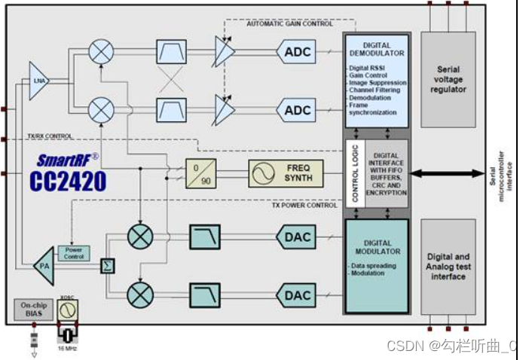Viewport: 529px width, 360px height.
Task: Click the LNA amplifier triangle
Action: coord(38,78)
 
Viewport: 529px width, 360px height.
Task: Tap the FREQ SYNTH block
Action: coord(286,173)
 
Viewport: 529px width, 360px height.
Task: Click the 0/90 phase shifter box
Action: coord(201,173)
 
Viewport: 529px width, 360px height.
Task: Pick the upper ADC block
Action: coord(297,51)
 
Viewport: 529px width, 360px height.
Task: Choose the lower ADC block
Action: coord(297,111)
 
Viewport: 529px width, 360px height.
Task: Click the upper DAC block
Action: coord(297,237)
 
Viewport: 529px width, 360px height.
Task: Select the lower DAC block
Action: coord(297,295)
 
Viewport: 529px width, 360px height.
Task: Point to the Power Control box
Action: coord(73,253)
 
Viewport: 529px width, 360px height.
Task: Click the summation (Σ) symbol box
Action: coord(108,267)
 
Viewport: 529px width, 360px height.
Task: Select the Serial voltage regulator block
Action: coord(448,79)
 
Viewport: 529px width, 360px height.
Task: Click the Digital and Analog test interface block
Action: coord(448,267)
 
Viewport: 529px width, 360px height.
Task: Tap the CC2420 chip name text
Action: coord(68,182)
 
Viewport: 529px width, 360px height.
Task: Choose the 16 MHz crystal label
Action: coord(68,348)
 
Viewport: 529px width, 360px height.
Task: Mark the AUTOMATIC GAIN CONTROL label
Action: coord(289,24)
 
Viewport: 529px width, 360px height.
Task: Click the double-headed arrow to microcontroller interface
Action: coord(447,174)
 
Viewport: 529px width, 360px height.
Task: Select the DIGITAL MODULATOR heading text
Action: coord(377,247)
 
